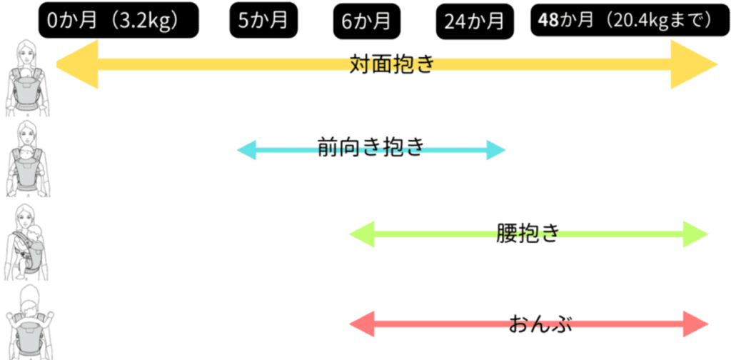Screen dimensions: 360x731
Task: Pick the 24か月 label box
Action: pyautogui.click(x=474, y=22)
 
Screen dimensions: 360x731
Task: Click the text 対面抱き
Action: pyautogui.click(x=393, y=65)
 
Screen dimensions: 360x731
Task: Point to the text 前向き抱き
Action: pyautogui.click(x=371, y=149)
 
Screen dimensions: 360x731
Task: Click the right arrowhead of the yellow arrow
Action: pyautogui.click(x=692, y=65)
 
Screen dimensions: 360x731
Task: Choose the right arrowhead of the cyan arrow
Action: pyautogui.click(x=496, y=150)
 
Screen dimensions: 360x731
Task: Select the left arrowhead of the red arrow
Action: pyautogui.click(x=361, y=324)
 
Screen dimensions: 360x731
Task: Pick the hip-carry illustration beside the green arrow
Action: pyautogui.click(x=29, y=243)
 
